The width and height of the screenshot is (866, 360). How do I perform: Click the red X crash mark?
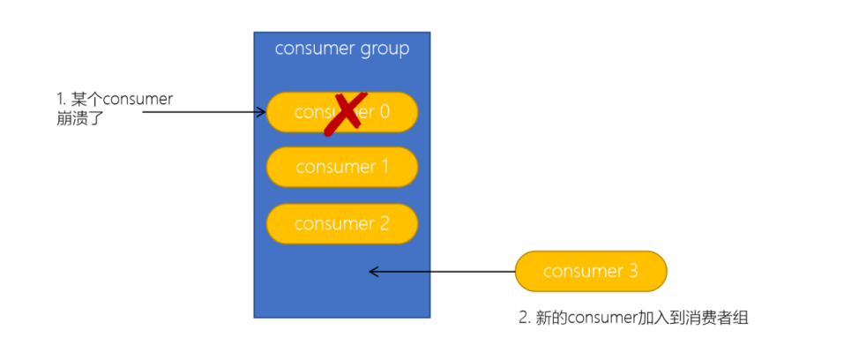[345, 113]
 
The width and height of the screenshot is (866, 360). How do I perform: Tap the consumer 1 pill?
[341, 167]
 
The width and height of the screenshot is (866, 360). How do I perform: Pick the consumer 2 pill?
[341, 223]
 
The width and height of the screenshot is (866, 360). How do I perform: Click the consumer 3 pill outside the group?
[590, 271]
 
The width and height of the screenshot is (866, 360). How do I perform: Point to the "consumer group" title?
[341, 49]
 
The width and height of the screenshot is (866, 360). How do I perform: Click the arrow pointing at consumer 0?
[203, 112]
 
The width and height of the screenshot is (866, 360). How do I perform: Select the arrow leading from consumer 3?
[441, 272]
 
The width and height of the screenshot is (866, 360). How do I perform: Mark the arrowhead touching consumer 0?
[262, 112]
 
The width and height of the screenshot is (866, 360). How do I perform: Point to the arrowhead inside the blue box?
[374, 272]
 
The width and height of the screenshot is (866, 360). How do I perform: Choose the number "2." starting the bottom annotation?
[524, 319]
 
